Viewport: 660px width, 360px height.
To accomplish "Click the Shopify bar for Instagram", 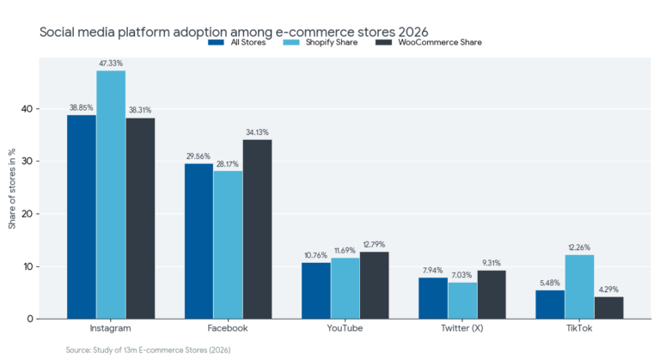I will pos(111,194).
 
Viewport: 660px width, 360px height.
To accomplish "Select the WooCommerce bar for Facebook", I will pos(257,229).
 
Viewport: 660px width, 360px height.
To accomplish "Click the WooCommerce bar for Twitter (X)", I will pos(492,294).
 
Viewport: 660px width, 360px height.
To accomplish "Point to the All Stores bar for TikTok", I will pos(550,304).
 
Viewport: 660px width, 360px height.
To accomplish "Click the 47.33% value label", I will pos(111,63).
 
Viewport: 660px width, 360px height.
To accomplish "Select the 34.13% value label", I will pos(257,131).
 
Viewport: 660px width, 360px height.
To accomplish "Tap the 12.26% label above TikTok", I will pos(579,247).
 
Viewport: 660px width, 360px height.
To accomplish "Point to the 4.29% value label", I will pos(608,289).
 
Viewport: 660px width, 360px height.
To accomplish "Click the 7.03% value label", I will pos(462,275).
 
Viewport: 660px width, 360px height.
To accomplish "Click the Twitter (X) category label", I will pos(462,329).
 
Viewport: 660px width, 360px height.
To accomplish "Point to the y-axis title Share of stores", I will pos(12,188).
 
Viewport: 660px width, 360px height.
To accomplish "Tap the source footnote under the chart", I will pos(148,350).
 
